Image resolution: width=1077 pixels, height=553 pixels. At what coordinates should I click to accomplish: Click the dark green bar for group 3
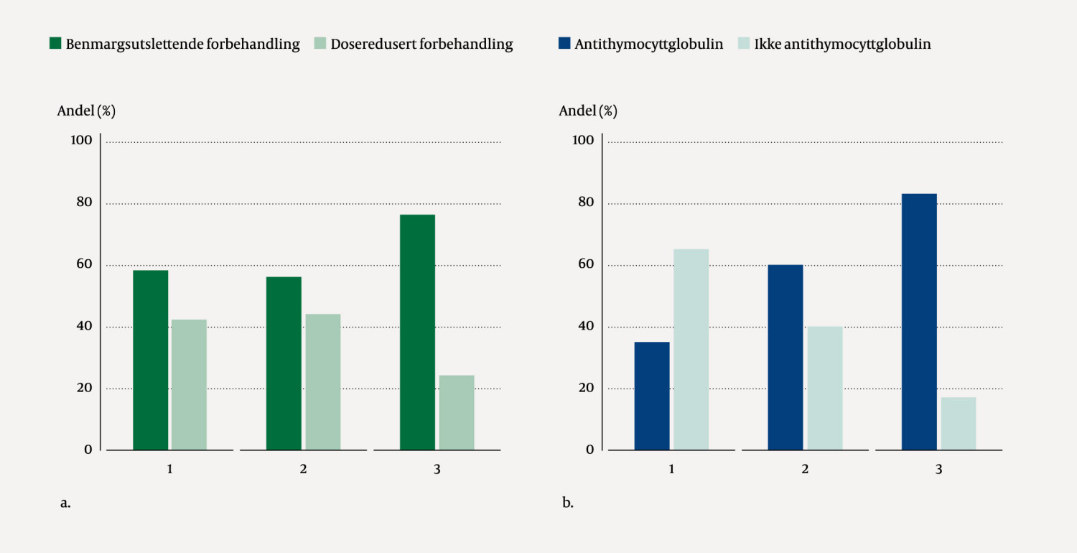coord(417,332)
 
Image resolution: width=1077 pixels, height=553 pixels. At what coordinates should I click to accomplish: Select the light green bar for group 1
coord(189,384)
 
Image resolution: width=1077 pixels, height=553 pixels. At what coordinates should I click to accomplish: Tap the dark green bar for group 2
coord(284,363)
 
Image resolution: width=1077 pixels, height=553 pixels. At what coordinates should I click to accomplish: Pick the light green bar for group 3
coord(457,412)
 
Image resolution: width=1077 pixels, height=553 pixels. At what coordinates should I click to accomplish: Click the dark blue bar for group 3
coord(919,322)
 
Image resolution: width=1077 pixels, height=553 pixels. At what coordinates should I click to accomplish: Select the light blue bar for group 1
coord(691,349)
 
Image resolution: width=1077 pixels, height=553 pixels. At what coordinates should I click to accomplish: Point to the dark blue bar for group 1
coord(652,396)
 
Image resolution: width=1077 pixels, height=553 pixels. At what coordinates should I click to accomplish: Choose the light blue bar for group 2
coord(824,388)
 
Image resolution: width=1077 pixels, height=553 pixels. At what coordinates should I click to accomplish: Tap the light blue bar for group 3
coord(959,423)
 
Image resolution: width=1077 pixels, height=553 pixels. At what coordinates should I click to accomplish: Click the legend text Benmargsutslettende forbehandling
coord(182,45)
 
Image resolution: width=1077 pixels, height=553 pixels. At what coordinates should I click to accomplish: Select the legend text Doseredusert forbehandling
coord(421,45)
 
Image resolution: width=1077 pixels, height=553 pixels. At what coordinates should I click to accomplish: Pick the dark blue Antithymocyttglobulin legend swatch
coord(564,44)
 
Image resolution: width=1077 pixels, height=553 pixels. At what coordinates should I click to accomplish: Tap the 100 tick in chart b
coord(584,140)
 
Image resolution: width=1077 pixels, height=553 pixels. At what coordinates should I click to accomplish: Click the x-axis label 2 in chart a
coord(303,470)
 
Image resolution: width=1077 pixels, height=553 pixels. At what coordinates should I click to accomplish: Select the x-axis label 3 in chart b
coord(938,470)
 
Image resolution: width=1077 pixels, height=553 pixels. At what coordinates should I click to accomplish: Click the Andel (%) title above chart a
coord(86,111)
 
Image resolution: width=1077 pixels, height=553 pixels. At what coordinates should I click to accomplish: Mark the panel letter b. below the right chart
coord(567,503)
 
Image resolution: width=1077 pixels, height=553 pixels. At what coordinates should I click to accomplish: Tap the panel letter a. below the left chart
coord(65,503)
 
